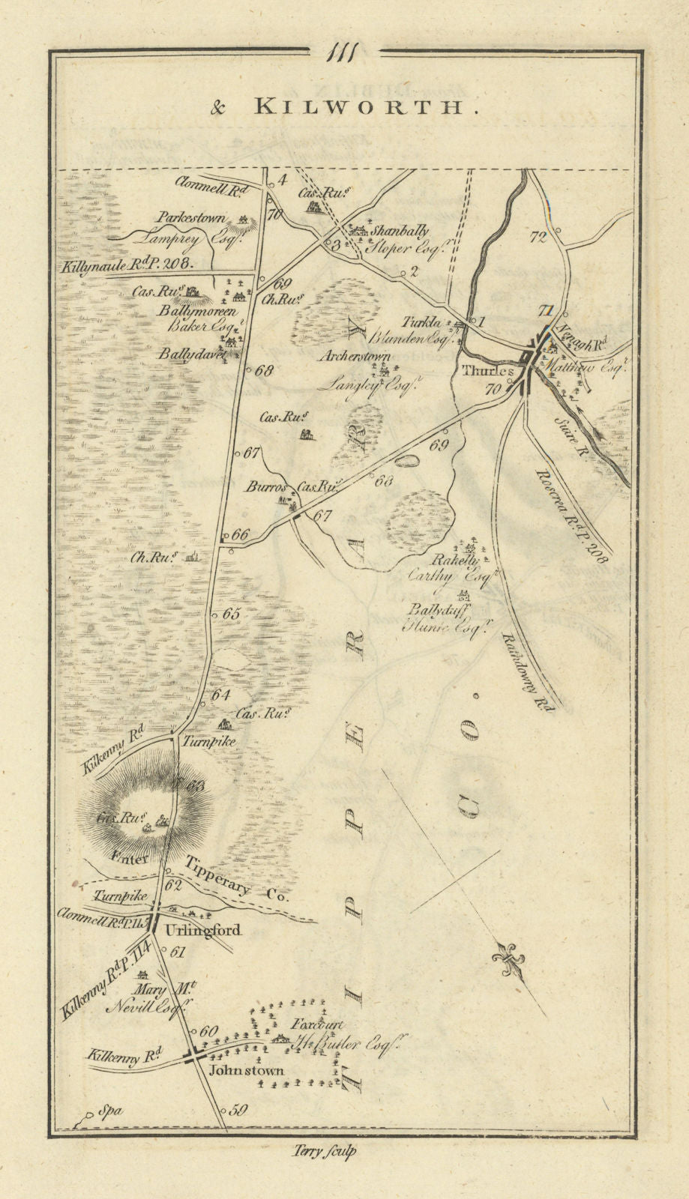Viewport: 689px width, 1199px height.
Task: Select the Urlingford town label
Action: pos(202,931)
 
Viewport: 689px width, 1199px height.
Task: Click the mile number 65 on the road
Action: pos(231,614)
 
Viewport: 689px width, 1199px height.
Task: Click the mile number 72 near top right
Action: pos(538,238)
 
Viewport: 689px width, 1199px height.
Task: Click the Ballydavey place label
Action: pos(191,355)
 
